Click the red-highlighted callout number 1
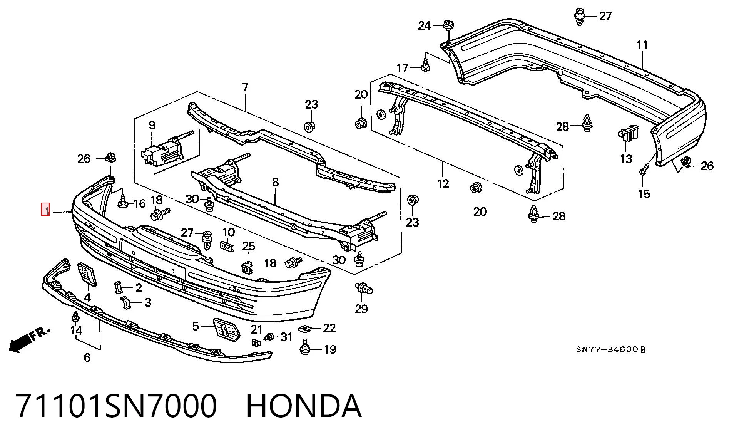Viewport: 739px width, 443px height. pyautogui.click(x=45, y=210)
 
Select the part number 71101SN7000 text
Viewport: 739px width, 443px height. pyautogui.click(x=116, y=406)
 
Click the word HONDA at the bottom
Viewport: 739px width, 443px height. pyautogui.click(x=304, y=406)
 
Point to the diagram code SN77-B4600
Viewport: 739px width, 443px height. pyautogui.click(x=607, y=350)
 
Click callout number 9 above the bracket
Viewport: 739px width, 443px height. pyautogui.click(x=152, y=125)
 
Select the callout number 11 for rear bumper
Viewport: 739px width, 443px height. pyautogui.click(x=642, y=45)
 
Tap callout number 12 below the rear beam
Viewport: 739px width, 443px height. pyautogui.click(x=443, y=183)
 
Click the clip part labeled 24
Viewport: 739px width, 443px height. pyautogui.click(x=448, y=25)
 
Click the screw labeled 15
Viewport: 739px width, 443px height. pyautogui.click(x=644, y=169)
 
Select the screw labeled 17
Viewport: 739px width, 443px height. pyautogui.click(x=425, y=64)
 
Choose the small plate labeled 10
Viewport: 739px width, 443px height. pyautogui.click(x=227, y=246)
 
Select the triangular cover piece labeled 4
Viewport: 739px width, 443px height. pyautogui.click(x=87, y=275)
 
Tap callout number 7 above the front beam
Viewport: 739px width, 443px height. pyautogui.click(x=245, y=87)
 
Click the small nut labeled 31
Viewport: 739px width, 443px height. pyautogui.click(x=269, y=337)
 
